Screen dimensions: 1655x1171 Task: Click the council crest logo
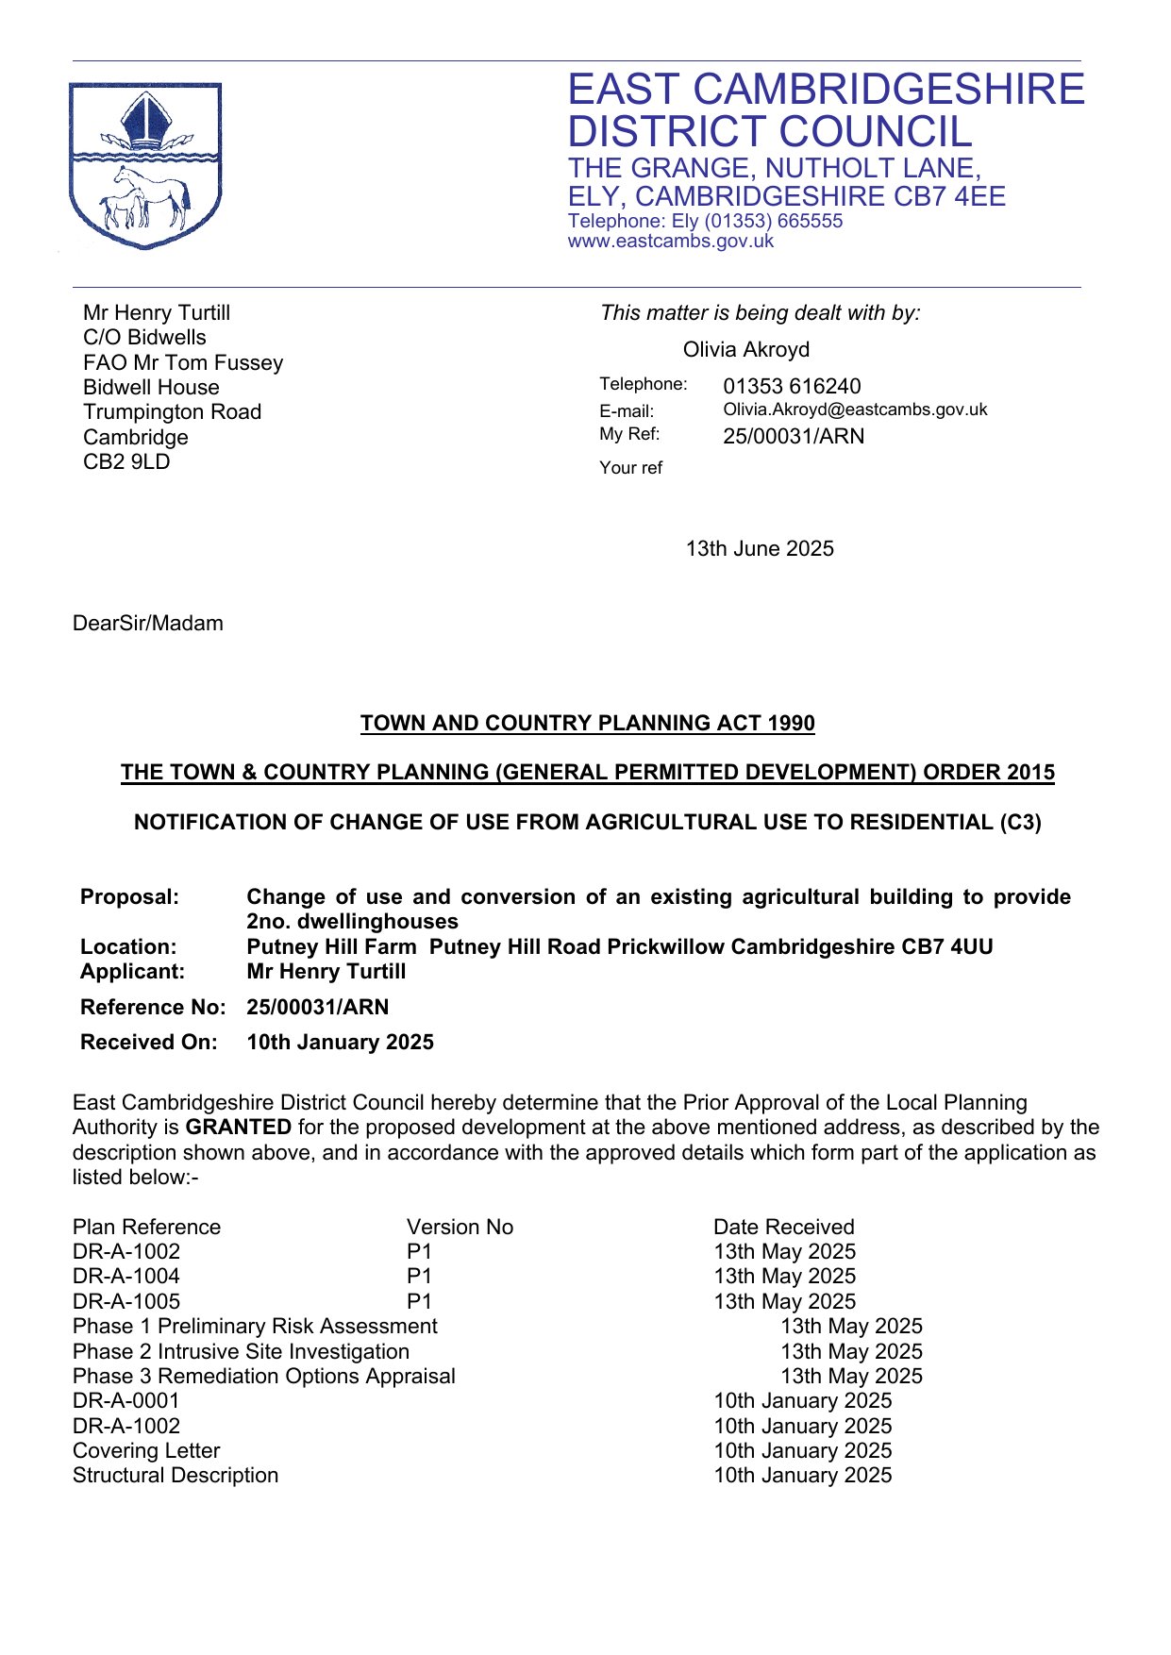coord(145,166)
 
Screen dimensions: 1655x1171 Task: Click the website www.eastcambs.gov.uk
coord(670,242)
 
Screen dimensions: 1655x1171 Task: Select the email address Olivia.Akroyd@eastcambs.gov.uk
coord(855,410)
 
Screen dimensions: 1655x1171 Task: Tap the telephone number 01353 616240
coord(792,386)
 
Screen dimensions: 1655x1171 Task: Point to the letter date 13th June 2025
coord(760,549)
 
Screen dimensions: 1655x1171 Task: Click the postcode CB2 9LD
coord(126,462)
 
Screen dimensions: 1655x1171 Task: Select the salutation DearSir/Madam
coord(148,624)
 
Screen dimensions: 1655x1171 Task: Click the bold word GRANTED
coord(239,1128)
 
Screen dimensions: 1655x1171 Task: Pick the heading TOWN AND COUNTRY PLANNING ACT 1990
coord(587,724)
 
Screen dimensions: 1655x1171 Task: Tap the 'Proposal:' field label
coord(129,897)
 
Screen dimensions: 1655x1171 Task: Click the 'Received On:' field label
coord(148,1043)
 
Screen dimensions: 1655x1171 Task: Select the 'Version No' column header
coord(460,1228)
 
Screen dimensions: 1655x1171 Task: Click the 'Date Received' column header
coord(783,1228)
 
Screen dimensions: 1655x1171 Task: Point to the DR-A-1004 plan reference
coord(126,1277)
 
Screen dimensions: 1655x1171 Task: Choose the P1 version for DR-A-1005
coord(419,1302)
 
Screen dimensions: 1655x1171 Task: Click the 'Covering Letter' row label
coord(146,1451)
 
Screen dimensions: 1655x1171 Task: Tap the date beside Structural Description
coord(802,1476)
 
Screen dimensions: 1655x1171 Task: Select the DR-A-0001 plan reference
coord(126,1401)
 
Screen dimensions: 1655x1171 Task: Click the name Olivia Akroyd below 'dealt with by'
coord(746,350)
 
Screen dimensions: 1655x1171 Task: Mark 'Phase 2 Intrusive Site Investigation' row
coord(241,1352)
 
